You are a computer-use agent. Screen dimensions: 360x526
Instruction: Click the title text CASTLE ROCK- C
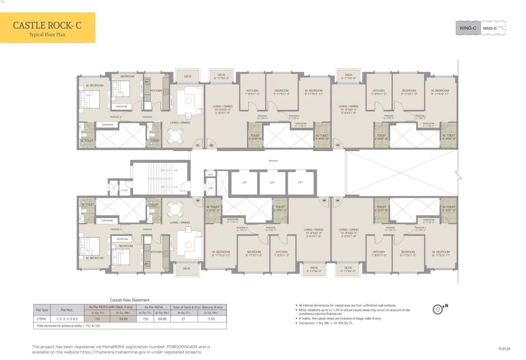47,25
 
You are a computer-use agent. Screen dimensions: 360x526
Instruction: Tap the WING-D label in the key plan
489,28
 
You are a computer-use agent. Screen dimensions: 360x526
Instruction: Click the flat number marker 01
197,145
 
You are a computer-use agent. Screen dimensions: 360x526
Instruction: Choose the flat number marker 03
338,145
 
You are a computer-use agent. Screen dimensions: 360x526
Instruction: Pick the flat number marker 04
338,201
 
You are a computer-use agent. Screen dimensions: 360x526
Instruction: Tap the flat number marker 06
197,201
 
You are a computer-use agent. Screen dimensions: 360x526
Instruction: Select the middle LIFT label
272,182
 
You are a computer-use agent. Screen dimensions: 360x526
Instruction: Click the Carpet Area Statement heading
129,300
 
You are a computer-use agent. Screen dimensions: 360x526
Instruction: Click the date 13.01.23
504,349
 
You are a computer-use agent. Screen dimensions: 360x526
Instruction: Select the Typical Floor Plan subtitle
47,35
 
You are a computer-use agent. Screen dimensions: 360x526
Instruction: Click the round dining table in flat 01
175,136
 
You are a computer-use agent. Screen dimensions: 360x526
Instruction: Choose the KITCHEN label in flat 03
378,91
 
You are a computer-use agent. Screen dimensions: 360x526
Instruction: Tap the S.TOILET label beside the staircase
125,190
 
